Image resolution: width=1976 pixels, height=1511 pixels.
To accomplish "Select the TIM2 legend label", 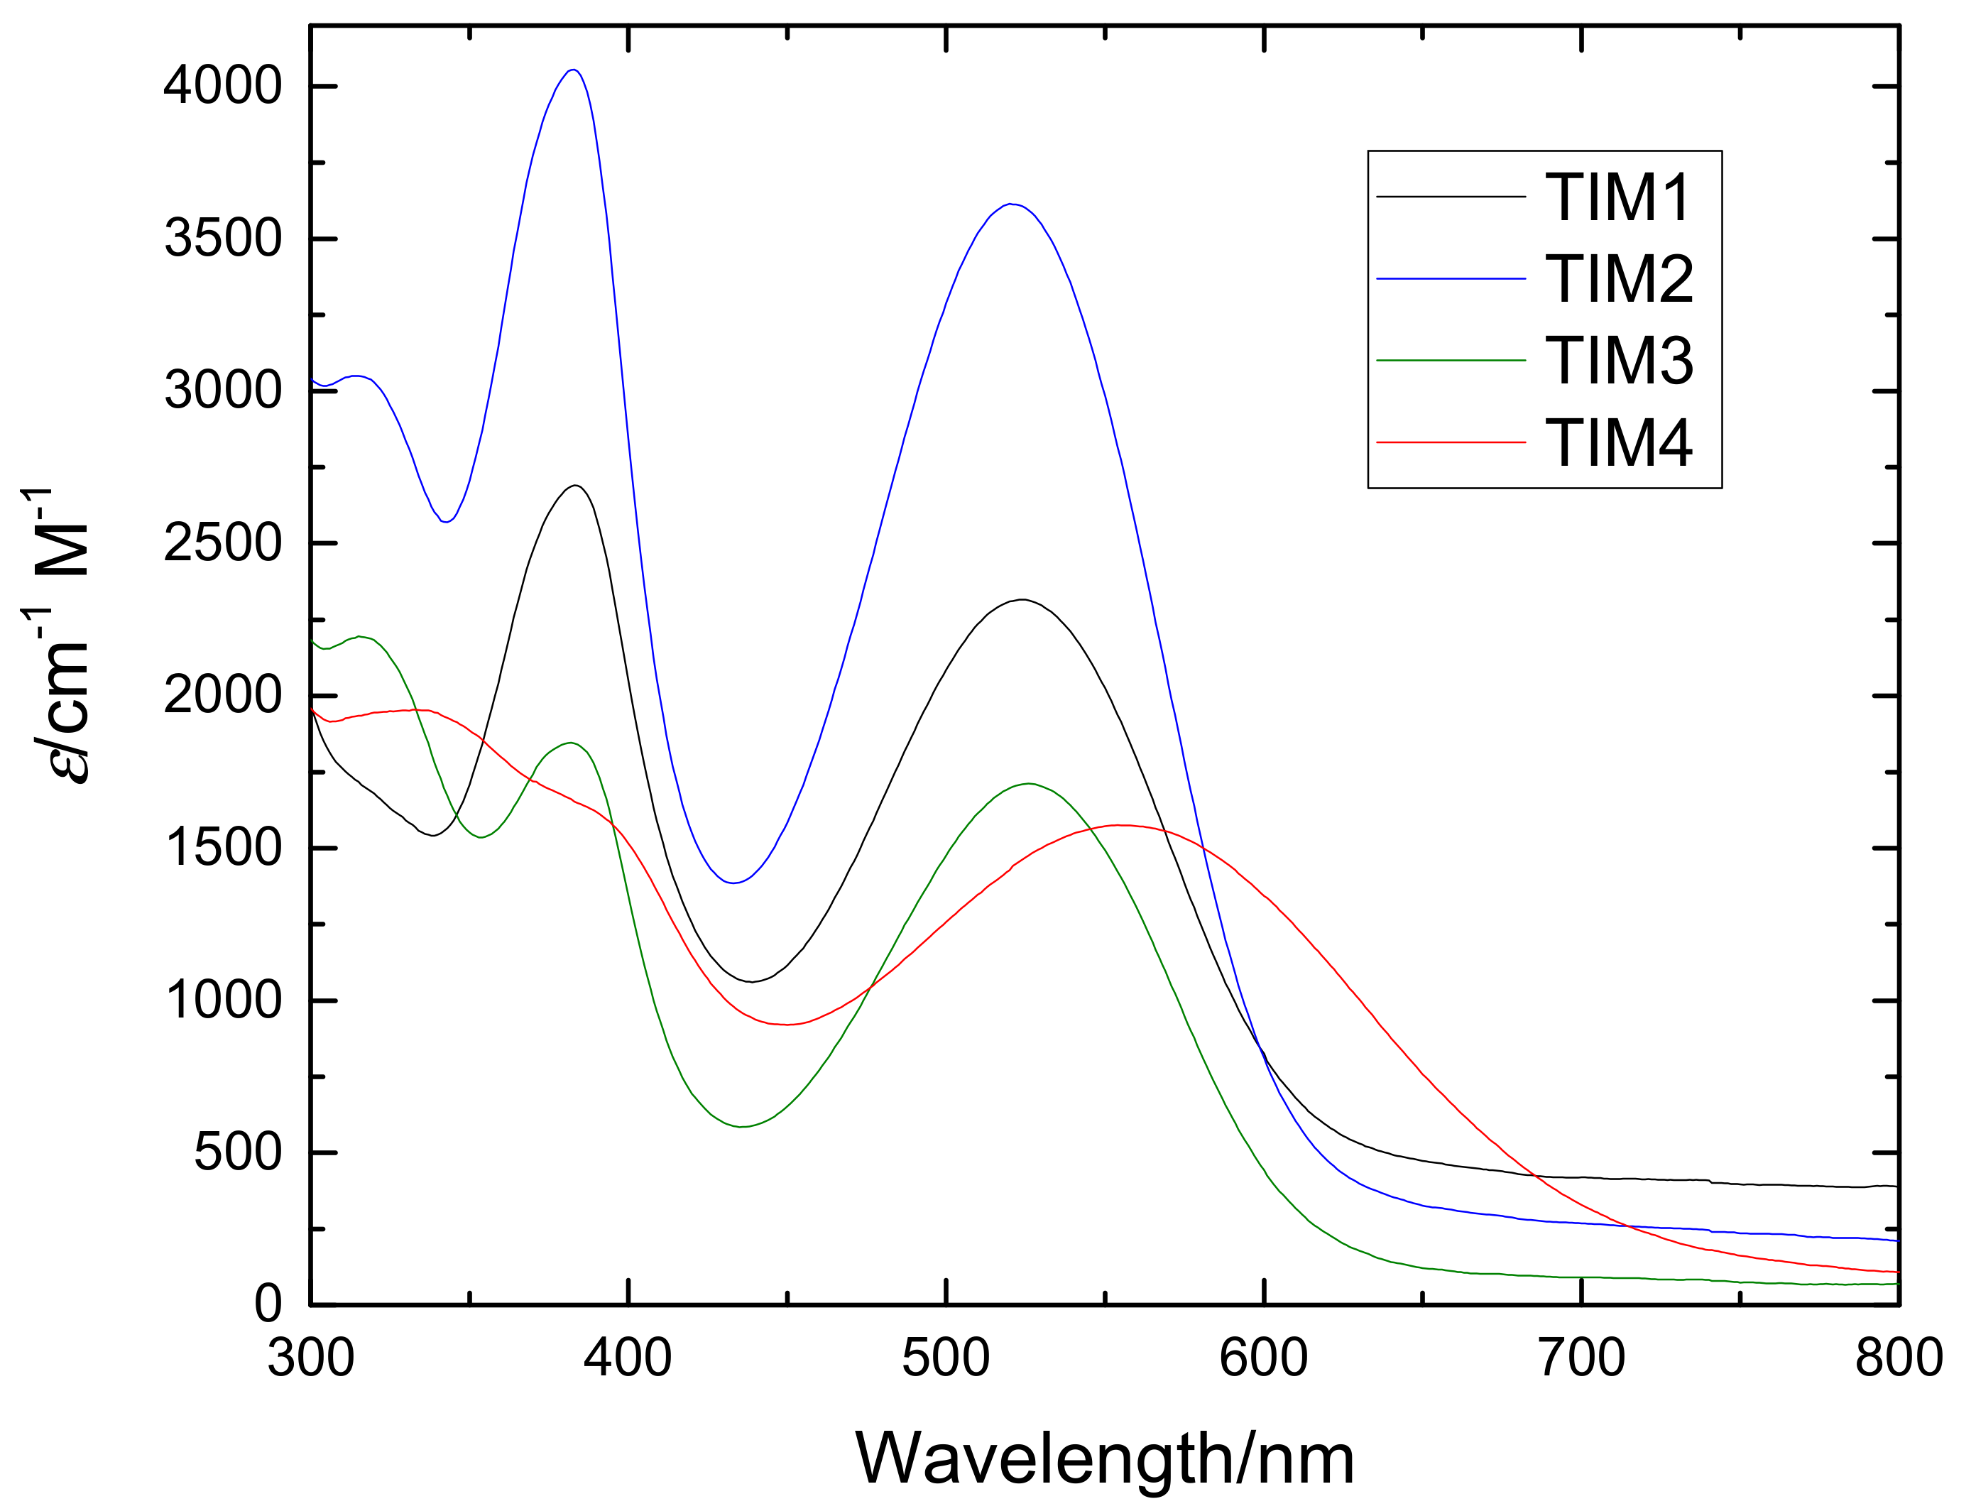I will pyautogui.click(x=1618, y=279).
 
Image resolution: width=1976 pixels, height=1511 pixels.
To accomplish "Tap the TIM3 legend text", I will pyautogui.click(x=1618, y=361).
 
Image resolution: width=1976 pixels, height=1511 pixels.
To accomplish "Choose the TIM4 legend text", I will pyautogui.click(x=1618, y=442).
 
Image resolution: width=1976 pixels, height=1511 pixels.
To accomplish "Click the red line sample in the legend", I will pyautogui.click(x=1451, y=442).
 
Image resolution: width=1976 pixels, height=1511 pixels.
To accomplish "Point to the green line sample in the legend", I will pyautogui.click(x=1451, y=361).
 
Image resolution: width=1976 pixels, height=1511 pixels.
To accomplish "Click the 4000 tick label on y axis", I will pyautogui.click(x=222, y=87).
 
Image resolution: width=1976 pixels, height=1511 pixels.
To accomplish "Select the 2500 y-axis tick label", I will pyautogui.click(x=222, y=543).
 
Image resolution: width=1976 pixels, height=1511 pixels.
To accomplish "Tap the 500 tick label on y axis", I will pyautogui.click(x=237, y=1152).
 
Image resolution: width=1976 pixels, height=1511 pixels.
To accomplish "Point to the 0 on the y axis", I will pyautogui.click(x=267, y=1304).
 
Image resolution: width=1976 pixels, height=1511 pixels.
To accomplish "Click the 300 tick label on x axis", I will pyautogui.click(x=310, y=1358).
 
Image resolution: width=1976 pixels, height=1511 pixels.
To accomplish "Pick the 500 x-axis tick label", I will pyautogui.click(x=946, y=1358).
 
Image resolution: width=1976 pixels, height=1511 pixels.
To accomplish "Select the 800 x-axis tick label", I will pyautogui.click(x=1898, y=1358).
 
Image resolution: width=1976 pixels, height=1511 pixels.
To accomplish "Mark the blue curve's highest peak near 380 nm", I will pyautogui.click(x=573, y=70).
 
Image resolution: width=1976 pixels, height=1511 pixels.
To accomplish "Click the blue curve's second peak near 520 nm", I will pyautogui.click(x=1011, y=204).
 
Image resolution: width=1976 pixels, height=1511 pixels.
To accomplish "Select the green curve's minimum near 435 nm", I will pyautogui.click(x=742, y=1126).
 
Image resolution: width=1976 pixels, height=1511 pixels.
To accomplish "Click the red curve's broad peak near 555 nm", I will pyautogui.click(x=1118, y=825).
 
